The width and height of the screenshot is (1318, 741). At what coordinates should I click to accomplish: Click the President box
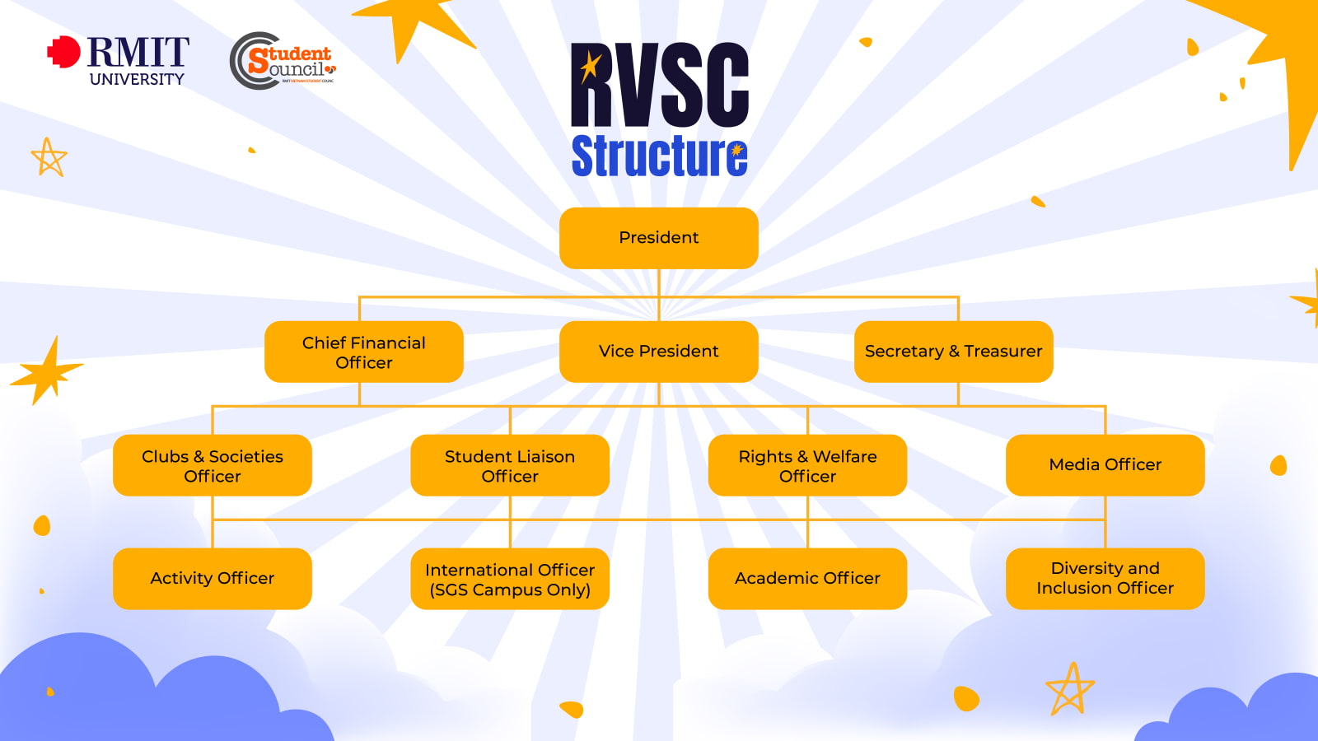658,238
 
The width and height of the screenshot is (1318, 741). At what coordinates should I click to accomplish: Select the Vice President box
658,352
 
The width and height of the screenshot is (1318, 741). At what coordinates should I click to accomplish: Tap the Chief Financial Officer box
363,352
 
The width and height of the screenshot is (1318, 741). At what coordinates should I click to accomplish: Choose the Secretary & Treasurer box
953,352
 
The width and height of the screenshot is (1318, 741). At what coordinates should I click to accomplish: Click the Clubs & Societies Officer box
213,466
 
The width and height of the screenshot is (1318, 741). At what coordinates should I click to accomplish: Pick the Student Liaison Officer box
510,466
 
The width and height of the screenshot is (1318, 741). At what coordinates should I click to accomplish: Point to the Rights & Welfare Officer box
807,466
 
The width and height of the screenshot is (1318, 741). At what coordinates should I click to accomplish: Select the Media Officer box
1105,465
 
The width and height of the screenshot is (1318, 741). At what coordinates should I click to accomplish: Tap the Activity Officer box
213,579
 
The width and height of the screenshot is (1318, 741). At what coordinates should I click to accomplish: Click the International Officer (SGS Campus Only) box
510,580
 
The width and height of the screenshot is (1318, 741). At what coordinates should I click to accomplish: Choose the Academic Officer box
807,579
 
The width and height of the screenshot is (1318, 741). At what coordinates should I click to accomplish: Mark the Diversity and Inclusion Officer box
1105,579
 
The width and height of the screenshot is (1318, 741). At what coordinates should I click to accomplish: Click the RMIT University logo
119,61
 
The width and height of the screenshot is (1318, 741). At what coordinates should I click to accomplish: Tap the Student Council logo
282,61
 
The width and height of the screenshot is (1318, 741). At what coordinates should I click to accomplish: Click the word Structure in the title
659,156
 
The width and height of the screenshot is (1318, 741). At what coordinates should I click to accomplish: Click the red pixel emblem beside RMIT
63,52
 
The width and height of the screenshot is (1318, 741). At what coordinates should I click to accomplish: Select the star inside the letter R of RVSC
590,66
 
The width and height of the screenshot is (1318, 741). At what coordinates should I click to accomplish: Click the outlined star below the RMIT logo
49,157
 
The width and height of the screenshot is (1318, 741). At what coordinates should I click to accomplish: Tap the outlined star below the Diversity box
1070,689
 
